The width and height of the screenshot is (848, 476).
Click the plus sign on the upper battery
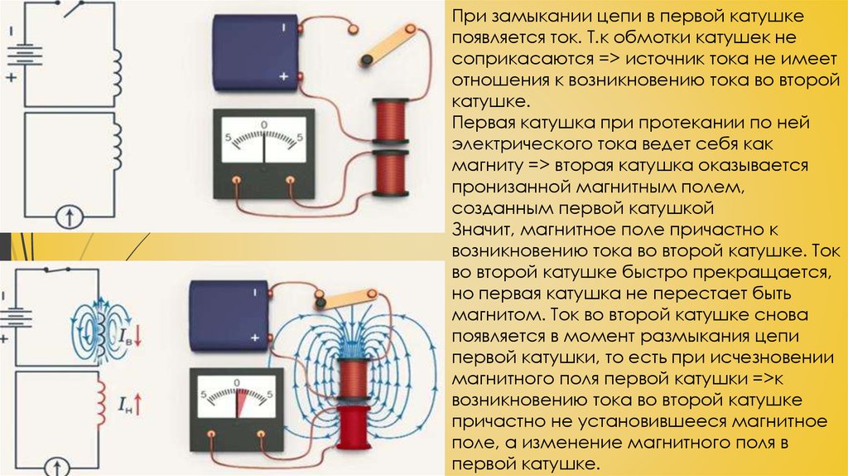coord(283,76)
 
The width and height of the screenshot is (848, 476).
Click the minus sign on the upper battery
coord(283,27)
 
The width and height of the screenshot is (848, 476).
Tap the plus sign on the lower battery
coord(255,338)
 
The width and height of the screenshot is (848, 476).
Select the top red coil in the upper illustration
coord(391,122)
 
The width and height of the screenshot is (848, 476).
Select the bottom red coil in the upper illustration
coord(391,173)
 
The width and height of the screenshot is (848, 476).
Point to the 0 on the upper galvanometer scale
coord(264,124)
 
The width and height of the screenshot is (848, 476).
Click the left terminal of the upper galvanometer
coord(236,180)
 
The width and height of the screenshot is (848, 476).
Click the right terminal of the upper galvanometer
coord(291,180)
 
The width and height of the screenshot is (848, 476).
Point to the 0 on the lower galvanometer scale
coord(236,383)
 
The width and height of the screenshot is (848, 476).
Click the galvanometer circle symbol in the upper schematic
coord(70,217)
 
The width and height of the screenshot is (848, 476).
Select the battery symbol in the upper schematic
coord(24,56)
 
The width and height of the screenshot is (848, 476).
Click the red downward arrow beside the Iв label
coord(137,336)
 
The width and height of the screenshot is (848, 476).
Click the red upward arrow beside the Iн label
coord(138,405)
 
